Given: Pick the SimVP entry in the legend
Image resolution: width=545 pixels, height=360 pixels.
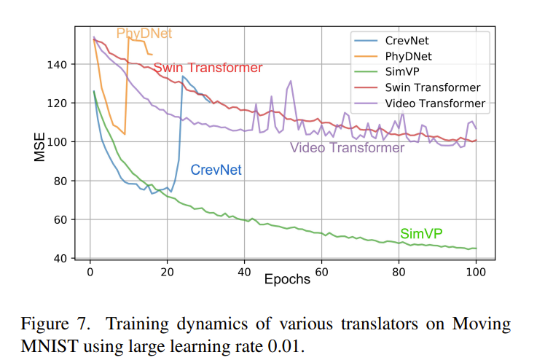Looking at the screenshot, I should click(399, 72).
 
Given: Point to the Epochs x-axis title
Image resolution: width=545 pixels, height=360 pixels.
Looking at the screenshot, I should click(287, 279).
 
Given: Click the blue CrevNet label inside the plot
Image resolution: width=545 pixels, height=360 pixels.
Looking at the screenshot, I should click(216, 170).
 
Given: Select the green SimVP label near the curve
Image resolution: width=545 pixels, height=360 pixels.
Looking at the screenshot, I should click(421, 234).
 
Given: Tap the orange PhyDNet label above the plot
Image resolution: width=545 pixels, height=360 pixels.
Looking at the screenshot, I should click(144, 34).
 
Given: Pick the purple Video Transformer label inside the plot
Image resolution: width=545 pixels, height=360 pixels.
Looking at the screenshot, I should click(347, 148).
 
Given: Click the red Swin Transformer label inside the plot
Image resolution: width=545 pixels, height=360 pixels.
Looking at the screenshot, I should click(208, 68).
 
